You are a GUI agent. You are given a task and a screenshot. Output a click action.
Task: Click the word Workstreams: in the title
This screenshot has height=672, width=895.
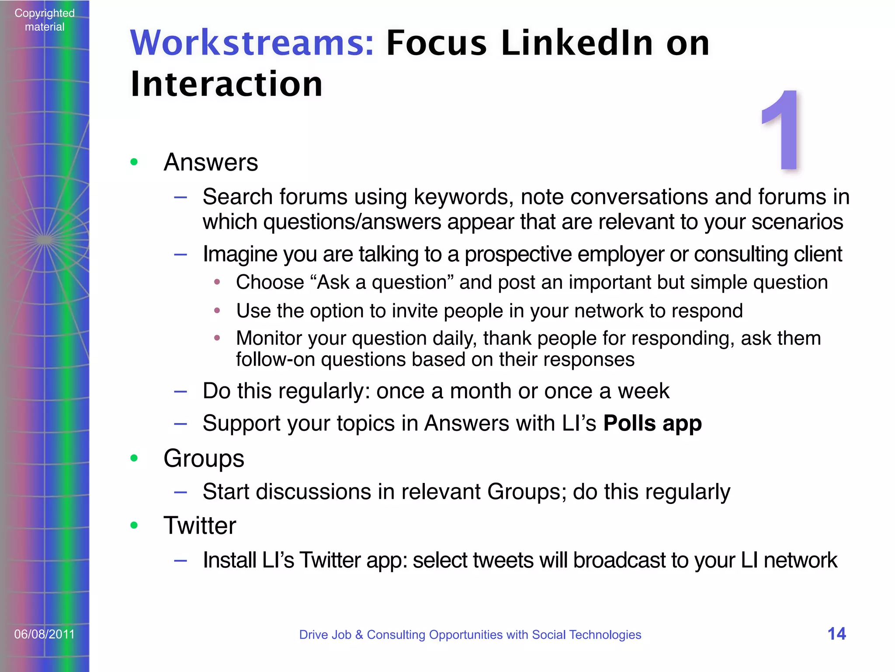point(252,43)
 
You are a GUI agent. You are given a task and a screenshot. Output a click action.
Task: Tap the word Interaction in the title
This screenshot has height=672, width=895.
point(226,84)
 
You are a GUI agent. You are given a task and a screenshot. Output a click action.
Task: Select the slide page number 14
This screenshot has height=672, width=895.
point(836,633)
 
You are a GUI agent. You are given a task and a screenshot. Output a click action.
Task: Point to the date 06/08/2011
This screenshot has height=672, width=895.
point(44,634)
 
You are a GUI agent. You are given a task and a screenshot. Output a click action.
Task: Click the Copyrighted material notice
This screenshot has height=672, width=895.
point(44,20)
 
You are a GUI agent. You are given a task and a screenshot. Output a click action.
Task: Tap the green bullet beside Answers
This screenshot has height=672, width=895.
point(134,162)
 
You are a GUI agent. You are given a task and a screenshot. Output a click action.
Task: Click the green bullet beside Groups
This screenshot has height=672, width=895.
point(134,458)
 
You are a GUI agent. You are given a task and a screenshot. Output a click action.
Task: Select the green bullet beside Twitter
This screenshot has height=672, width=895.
point(134,525)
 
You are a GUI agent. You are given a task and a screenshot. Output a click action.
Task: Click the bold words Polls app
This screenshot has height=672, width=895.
point(652,423)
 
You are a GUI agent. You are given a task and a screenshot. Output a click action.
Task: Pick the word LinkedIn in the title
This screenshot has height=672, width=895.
point(577,43)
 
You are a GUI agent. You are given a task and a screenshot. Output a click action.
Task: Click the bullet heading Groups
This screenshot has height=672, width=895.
point(204,458)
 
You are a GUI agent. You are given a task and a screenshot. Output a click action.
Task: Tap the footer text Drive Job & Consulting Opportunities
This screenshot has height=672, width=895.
point(470,634)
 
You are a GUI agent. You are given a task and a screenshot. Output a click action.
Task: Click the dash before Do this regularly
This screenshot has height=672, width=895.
point(180,391)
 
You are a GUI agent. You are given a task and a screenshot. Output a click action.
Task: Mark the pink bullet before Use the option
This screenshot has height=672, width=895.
point(217,311)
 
